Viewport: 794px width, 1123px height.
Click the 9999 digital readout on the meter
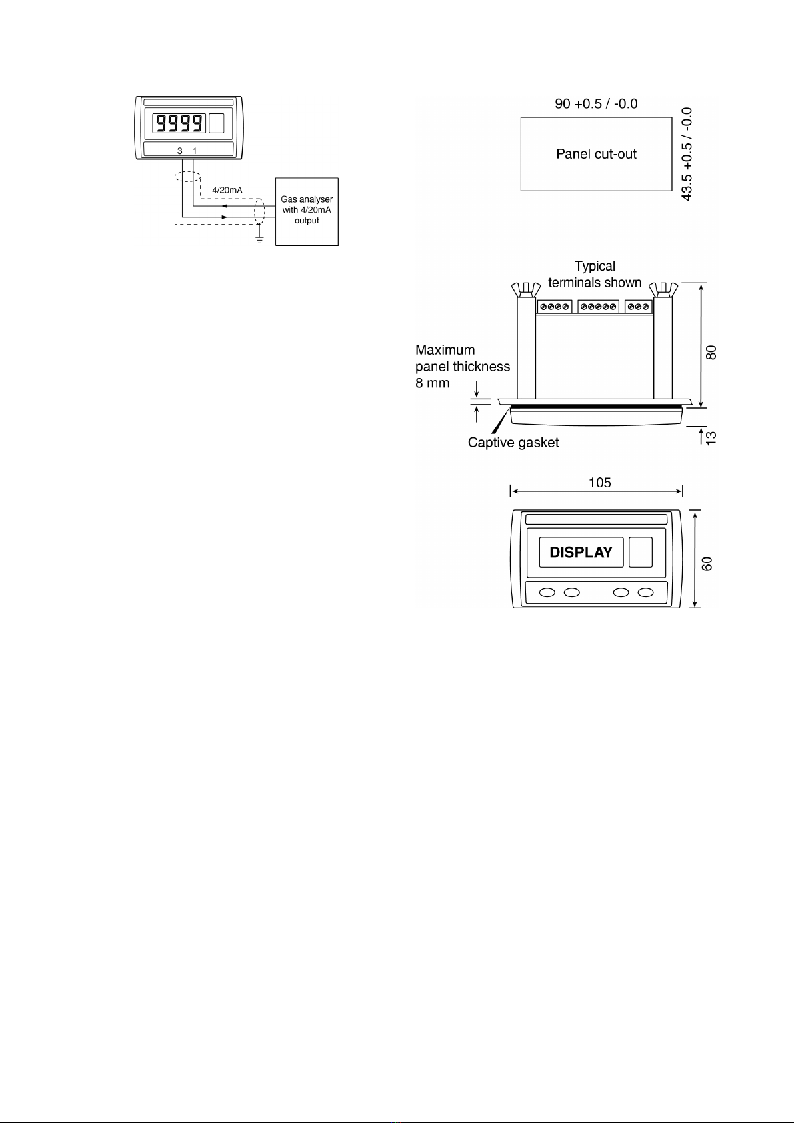(x=179, y=123)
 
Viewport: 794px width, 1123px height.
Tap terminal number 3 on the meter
(x=179, y=151)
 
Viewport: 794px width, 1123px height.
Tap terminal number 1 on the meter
(x=195, y=151)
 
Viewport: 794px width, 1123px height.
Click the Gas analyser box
(x=307, y=211)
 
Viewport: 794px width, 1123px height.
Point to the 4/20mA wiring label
(x=227, y=190)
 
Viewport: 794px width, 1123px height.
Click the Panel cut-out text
(x=597, y=154)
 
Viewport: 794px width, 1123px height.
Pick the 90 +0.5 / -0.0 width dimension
(x=597, y=104)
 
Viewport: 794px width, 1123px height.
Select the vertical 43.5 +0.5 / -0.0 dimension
(x=687, y=154)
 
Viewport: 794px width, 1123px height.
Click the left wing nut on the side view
(x=525, y=289)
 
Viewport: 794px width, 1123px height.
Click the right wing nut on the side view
(x=663, y=289)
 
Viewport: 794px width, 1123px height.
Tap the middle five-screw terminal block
(x=599, y=307)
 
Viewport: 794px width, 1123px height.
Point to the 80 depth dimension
(x=711, y=353)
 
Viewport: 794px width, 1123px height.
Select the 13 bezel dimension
(x=711, y=438)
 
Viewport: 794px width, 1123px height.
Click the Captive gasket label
(x=513, y=443)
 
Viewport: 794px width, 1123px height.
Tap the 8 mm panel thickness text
(x=433, y=383)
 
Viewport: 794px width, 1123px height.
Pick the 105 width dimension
(x=600, y=483)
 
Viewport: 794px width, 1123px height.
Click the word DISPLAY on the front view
(x=581, y=552)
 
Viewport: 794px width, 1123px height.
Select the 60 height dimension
(x=707, y=564)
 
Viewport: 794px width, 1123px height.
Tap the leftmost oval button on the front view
(x=547, y=592)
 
